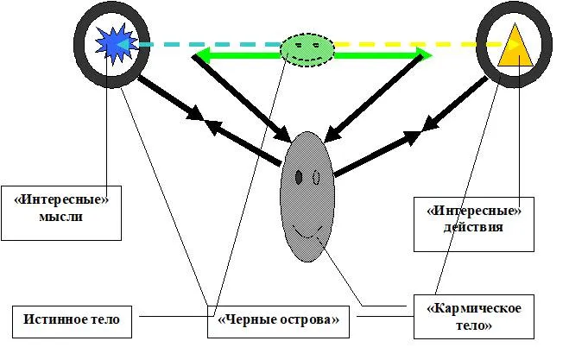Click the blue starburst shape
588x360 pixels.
[111, 44]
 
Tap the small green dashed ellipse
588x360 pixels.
[307, 48]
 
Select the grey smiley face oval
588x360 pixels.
[307, 197]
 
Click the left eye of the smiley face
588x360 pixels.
[299, 177]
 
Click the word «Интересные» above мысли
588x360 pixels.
[60, 199]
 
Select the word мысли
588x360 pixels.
[60, 216]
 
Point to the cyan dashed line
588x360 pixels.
[207, 44]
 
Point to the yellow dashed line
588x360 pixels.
[406, 44]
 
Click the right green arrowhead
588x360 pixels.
[423, 56]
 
